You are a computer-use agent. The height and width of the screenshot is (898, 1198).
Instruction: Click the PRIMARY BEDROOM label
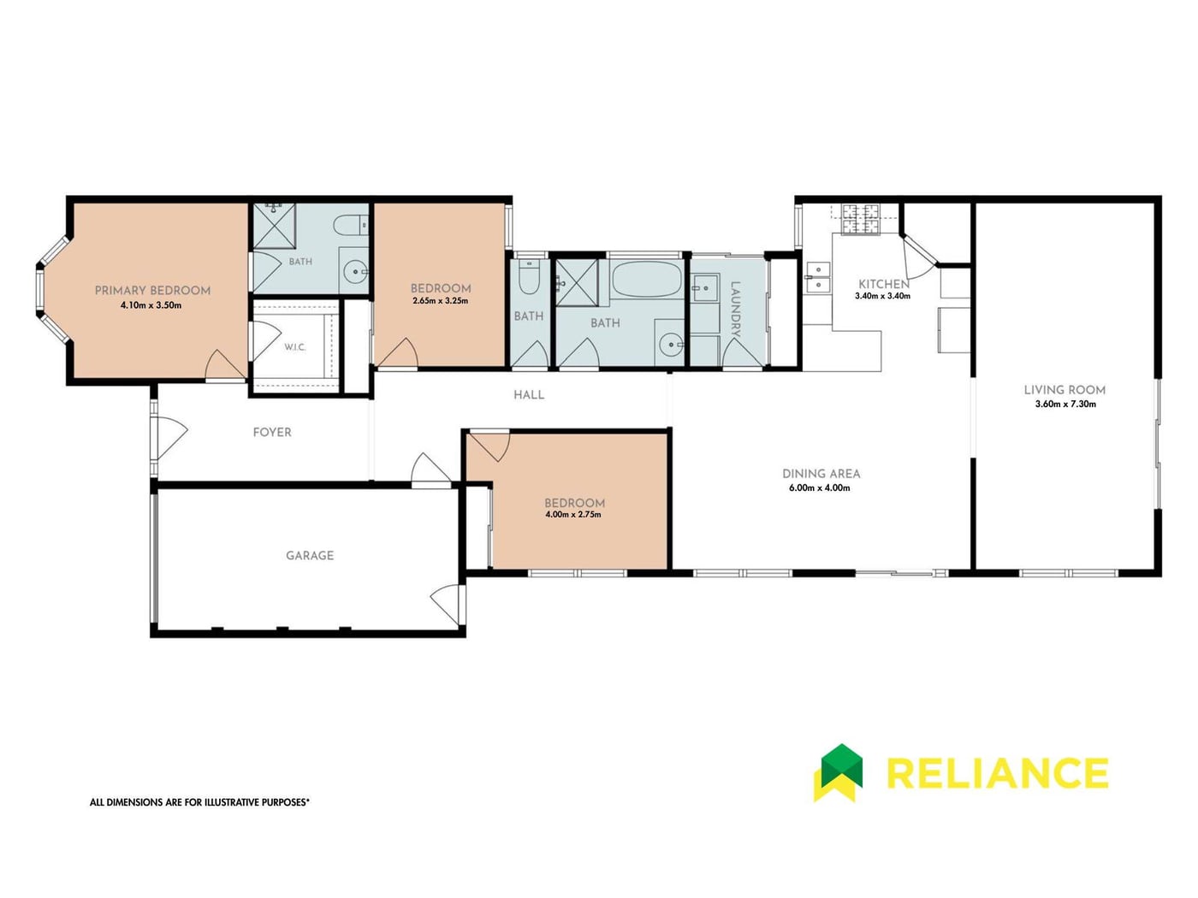(x=152, y=291)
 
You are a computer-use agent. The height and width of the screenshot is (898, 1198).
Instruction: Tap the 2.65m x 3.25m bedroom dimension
(x=441, y=300)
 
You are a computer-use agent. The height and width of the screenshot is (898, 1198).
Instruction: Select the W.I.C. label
(x=294, y=347)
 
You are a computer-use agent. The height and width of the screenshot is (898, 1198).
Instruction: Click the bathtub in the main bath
(x=647, y=278)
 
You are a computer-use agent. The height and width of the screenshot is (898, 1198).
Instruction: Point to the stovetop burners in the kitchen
(x=860, y=219)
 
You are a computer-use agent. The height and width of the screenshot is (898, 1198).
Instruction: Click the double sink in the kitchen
(x=817, y=277)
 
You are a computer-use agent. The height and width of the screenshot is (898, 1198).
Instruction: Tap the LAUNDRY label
(x=735, y=309)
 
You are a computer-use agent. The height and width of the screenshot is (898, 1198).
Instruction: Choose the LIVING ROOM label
(x=1065, y=390)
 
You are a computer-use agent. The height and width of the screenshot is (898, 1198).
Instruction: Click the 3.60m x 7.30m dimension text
(x=1065, y=404)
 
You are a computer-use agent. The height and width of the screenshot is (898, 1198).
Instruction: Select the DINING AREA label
(x=821, y=474)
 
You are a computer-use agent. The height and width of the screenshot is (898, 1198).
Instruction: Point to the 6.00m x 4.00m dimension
(x=819, y=488)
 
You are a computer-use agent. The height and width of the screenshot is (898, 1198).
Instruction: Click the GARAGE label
(x=310, y=556)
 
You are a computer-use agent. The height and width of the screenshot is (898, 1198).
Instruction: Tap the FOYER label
(x=272, y=433)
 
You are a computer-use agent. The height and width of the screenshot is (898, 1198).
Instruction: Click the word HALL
(x=529, y=395)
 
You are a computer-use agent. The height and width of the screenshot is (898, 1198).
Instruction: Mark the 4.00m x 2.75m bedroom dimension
(x=573, y=514)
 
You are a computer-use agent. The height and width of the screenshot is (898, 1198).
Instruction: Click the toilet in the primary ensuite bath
(x=351, y=225)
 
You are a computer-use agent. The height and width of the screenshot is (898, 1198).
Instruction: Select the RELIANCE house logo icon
(x=838, y=772)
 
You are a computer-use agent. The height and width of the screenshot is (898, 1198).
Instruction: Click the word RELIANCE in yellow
(x=997, y=773)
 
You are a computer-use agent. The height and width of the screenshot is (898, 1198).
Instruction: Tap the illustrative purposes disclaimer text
(x=199, y=802)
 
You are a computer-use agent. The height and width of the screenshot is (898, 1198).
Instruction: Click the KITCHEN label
(x=884, y=284)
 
